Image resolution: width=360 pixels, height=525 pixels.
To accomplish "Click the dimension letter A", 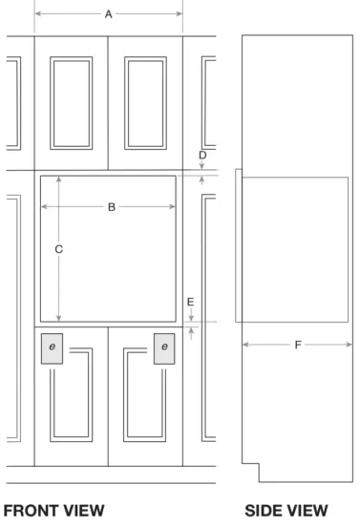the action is [108, 14].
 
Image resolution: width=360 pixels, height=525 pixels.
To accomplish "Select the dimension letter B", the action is [112, 207].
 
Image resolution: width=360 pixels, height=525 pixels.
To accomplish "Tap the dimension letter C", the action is [58, 249].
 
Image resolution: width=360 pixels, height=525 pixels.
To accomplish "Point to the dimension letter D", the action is [202, 155].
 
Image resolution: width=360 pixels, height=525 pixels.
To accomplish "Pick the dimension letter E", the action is [190, 302].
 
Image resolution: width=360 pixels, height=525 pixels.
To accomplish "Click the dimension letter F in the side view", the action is [298, 345].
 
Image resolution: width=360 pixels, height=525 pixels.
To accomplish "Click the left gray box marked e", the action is [52, 348].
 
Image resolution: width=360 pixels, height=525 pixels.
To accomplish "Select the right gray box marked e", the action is [164, 348].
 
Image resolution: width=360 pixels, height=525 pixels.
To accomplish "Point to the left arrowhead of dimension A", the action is [38, 13].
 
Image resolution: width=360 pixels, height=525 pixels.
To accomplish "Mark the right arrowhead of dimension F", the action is [349, 345].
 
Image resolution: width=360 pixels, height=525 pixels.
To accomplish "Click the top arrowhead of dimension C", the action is [59, 179].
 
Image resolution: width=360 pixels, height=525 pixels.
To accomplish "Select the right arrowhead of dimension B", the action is [173, 206].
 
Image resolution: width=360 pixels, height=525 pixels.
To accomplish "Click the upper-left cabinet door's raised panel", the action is [72, 103].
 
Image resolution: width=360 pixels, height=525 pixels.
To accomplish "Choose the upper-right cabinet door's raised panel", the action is [146, 103].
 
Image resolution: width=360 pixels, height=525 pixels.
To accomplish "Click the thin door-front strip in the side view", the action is [239, 245].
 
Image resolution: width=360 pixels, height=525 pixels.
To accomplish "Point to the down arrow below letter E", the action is [191, 315].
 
